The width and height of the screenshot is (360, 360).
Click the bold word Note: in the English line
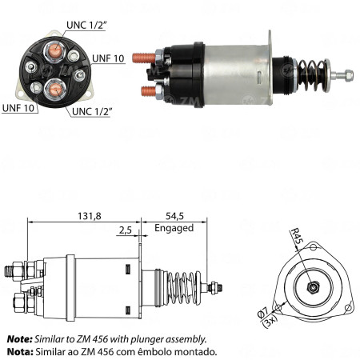(x=19, y=339)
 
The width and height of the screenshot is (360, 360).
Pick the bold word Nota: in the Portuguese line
(x=19, y=351)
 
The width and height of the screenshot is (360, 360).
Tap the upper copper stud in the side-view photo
(x=145, y=58)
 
